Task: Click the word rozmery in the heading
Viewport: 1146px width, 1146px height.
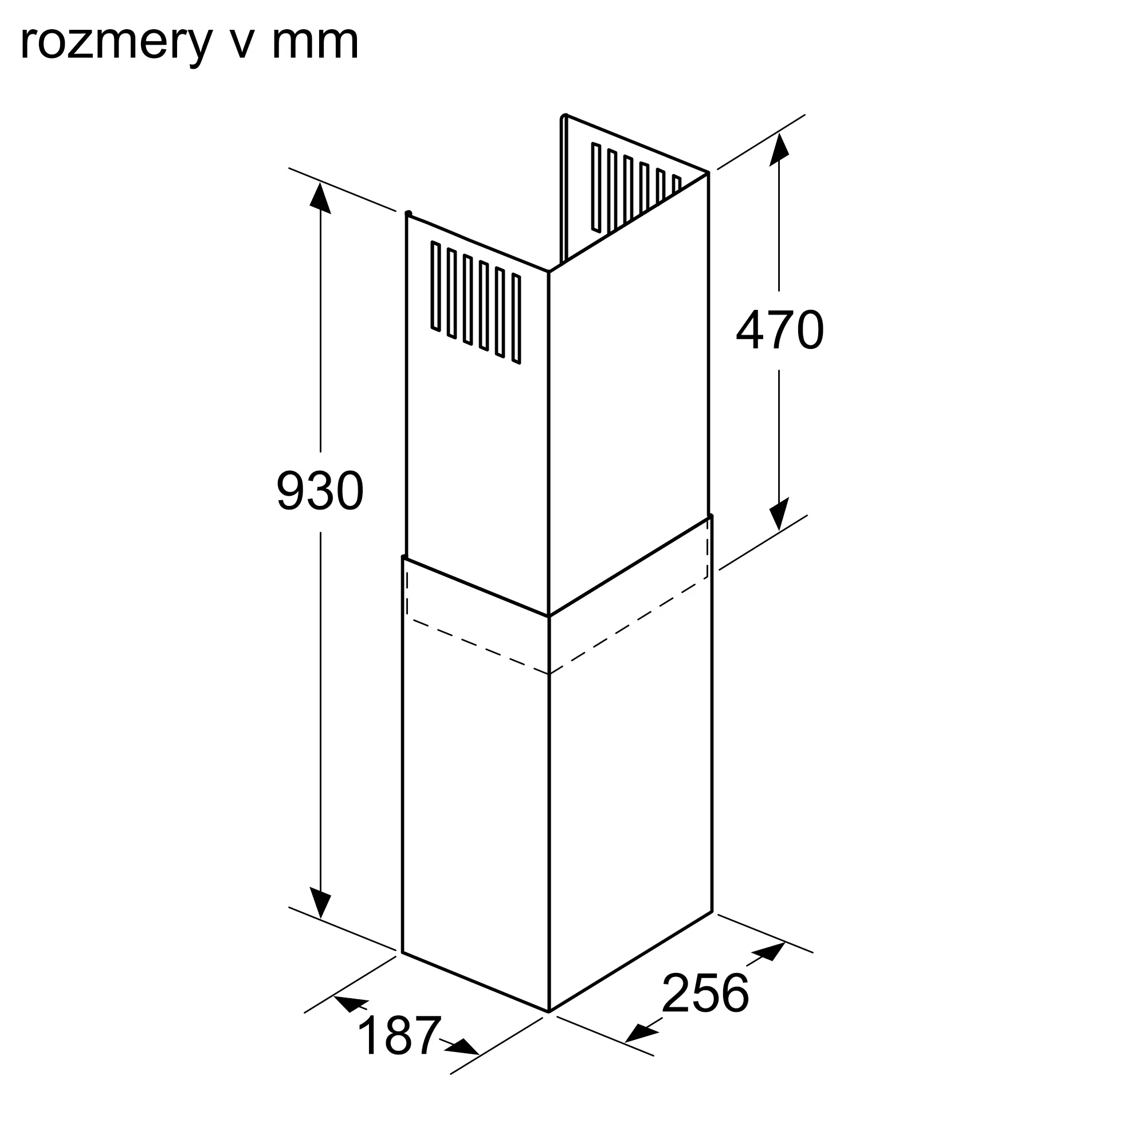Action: click(116, 43)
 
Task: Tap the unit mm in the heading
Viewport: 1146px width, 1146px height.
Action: click(315, 43)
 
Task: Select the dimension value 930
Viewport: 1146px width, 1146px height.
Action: click(320, 490)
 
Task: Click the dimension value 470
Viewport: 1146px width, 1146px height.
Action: click(779, 331)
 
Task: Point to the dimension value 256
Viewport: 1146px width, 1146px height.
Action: click(705, 992)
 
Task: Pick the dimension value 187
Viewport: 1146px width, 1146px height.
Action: click(400, 1035)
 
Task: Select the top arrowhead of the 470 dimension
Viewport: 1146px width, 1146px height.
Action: click(779, 150)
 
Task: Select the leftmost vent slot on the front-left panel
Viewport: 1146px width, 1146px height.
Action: click(436, 286)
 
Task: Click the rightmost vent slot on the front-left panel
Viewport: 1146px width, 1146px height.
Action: click(516, 319)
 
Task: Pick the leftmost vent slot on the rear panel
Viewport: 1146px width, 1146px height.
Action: click(596, 187)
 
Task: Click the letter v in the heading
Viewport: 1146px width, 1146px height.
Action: click(241, 43)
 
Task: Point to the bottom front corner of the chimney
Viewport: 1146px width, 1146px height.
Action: click(550, 1011)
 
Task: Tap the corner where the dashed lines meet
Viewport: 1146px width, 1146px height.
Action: click(550, 674)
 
